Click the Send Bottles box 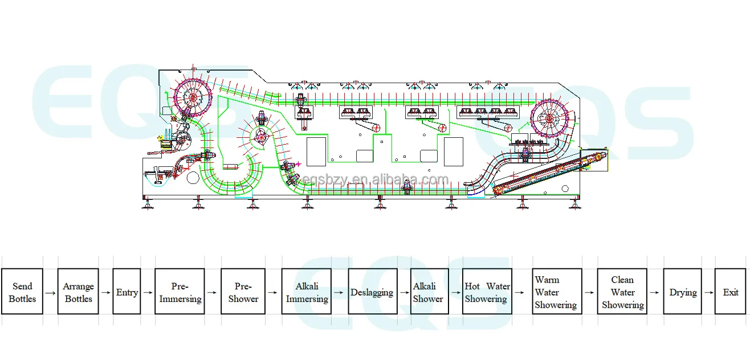pyautogui.click(x=22, y=292)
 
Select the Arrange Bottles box pyautogui.click(x=78, y=292)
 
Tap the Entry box pyautogui.click(x=127, y=292)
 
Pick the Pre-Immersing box pyautogui.click(x=180, y=292)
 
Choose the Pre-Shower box pyautogui.click(x=243, y=292)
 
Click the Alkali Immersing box pyautogui.click(x=307, y=292)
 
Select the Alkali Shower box pyautogui.click(x=429, y=292)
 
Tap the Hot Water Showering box pyautogui.click(x=487, y=292)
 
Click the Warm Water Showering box pyautogui.click(x=557, y=292)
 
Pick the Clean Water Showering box pyautogui.click(x=622, y=292)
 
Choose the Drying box pyautogui.click(x=683, y=292)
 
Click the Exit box pyautogui.click(x=730, y=292)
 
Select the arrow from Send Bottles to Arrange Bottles pyautogui.click(x=50, y=293)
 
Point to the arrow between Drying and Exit pyautogui.click(x=708, y=292)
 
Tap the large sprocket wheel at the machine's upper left pyautogui.click(x=192, y=97)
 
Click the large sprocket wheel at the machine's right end pyautogui.click(x=549, y=119)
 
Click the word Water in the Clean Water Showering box pyautogui.click(x=622, y=292)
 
